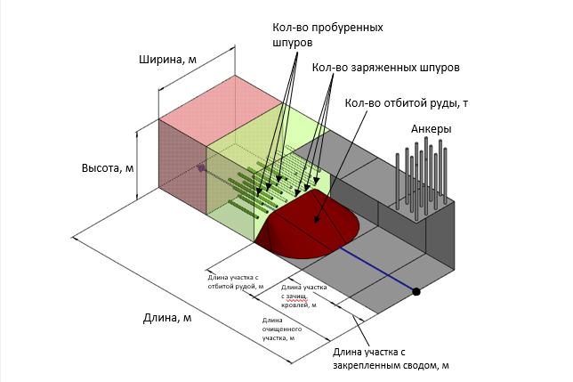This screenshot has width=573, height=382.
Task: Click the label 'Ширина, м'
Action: click(167, 60)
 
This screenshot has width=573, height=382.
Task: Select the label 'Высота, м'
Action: click(108, 167)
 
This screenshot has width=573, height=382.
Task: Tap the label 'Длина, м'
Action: click(167, 318)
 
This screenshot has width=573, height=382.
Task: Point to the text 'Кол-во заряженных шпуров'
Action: click(385, 68)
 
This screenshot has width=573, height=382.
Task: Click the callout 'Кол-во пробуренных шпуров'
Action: click(327, 35)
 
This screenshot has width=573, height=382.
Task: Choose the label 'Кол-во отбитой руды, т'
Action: click(407, 103)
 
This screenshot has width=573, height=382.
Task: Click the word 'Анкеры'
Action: click(432, 129)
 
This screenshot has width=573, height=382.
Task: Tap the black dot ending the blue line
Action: click(416, 292)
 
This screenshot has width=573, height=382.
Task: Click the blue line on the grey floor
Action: click(376, 269)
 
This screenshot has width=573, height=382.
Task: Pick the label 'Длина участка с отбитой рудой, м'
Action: click(236, 282)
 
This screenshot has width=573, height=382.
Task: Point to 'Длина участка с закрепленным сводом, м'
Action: click(391, 359)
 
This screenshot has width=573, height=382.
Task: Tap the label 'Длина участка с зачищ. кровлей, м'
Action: click(303, 296)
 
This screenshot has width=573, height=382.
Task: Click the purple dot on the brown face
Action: click(200, 168)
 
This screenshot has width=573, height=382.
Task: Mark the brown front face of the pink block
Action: click(182, 167)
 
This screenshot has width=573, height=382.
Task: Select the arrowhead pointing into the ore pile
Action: click(317, 219)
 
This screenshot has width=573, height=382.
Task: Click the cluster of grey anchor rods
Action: click(421, 179)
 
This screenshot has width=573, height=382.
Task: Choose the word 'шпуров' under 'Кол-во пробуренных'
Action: click(293, 43)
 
